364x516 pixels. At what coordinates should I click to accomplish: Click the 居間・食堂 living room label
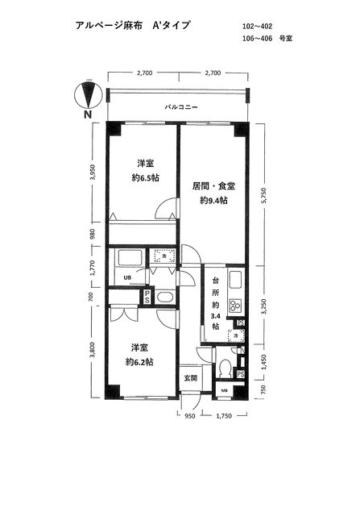pos(213,186)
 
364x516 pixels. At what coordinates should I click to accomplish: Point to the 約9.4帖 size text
pos(213,201)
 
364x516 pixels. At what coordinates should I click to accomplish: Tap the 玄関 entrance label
pos(188,377)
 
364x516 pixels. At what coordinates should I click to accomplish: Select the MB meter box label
pos(225,392)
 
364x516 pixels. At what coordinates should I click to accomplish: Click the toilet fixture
pos(225,368)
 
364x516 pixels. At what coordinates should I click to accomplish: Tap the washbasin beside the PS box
pos(164,297)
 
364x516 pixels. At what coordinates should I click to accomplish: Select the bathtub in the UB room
pos(130,259)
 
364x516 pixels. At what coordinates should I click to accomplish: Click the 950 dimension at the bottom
pos(189,417)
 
